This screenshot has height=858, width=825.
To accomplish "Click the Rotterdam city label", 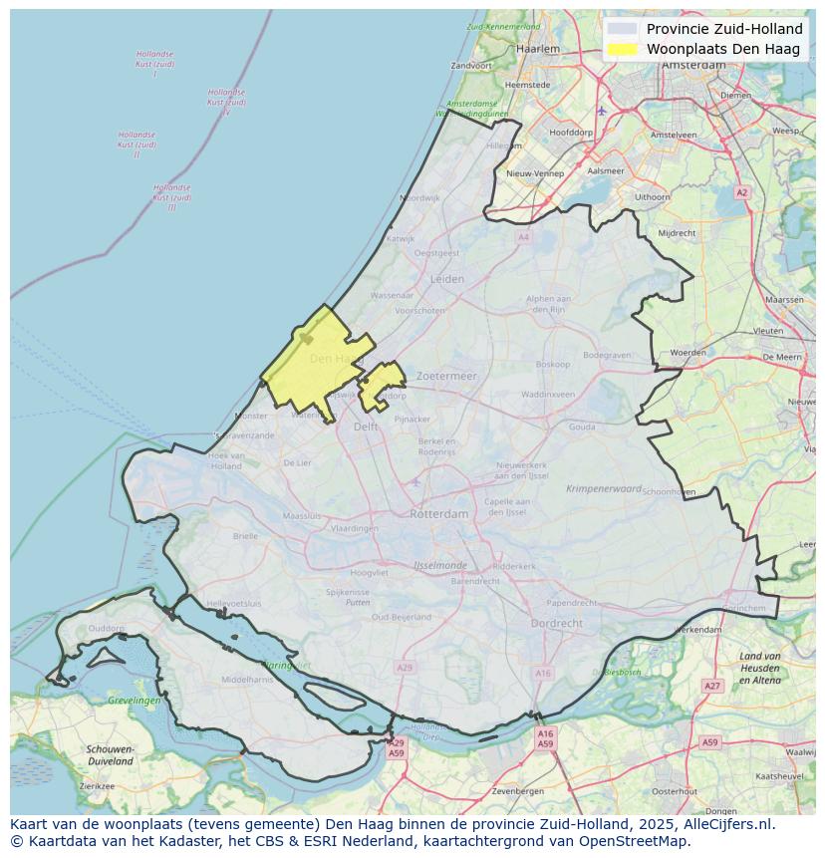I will tap(438, 514).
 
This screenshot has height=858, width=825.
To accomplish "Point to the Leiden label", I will tap(447, 280).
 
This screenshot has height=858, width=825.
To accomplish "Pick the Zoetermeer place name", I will tap(447, 377).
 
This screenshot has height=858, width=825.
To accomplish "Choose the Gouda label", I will tap(582, 427).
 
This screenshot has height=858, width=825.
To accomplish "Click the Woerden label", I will tap(687, 353).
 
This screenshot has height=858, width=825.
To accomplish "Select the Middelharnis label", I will tap(247, 680).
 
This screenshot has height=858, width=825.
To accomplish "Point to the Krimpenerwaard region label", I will tap(604, 489).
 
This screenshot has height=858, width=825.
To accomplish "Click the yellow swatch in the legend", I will tap(623, 49).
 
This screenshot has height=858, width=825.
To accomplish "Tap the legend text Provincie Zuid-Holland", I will tap(724, 29).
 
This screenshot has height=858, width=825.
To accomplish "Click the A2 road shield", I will tap(740, 192).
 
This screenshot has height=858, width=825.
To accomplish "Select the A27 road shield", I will tap(711, 687).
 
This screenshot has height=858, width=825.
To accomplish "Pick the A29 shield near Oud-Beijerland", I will tap(404, 667).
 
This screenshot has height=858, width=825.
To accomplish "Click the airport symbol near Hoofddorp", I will tap(601, 111).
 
